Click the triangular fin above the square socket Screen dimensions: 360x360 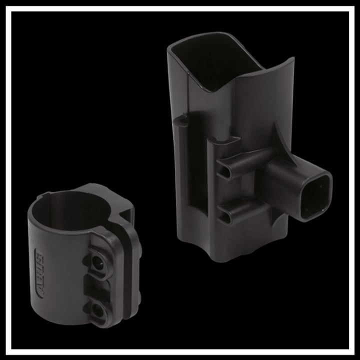(x=280, y=142)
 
